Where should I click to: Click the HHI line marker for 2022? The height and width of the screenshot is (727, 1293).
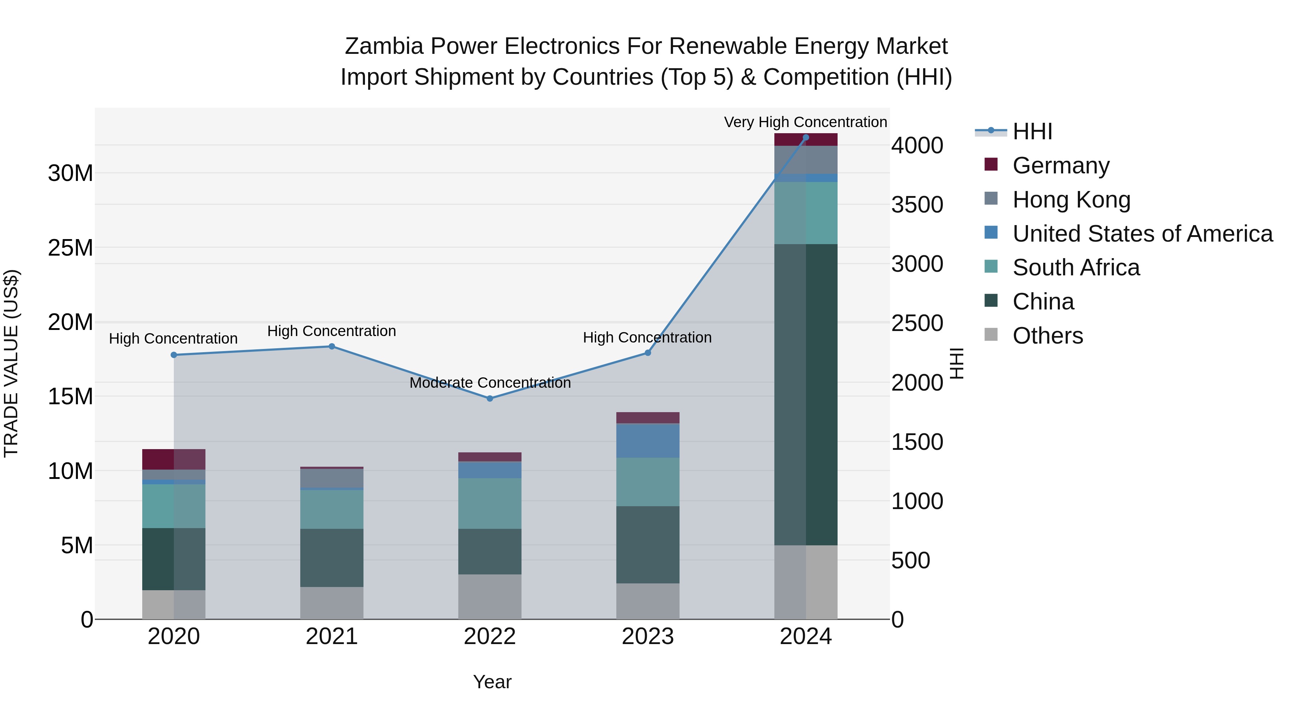pos(490,399)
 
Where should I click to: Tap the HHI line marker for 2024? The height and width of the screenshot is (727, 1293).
pos(806,138)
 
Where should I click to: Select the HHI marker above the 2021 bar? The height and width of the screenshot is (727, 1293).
pos(332,346)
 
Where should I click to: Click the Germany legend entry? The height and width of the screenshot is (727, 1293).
pos(1061,166)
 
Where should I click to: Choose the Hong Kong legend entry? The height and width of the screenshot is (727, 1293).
pos(1071,200)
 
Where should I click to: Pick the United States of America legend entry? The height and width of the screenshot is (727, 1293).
pos(1143,234)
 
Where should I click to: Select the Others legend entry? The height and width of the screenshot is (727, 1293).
pos(1048,336)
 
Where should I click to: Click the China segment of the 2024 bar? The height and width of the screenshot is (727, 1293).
pos(806,394)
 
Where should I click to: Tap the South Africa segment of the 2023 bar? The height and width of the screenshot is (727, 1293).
pos(648,482)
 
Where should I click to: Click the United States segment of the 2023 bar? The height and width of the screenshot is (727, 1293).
pos(648,441)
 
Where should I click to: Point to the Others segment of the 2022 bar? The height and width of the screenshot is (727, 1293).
pos(490,597)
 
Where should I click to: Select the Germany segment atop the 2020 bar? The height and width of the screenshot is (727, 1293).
pos(174,459)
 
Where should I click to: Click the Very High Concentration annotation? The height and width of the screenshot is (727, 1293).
pos(805,122)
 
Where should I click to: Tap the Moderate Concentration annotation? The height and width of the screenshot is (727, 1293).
pos(490,383)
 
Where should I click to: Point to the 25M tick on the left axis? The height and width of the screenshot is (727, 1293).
pos(70,248)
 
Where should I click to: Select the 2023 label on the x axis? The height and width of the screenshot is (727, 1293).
pos(648,637)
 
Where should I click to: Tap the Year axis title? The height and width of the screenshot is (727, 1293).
pos(492,682)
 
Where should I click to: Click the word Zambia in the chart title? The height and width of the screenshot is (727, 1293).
pos(384,46)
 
